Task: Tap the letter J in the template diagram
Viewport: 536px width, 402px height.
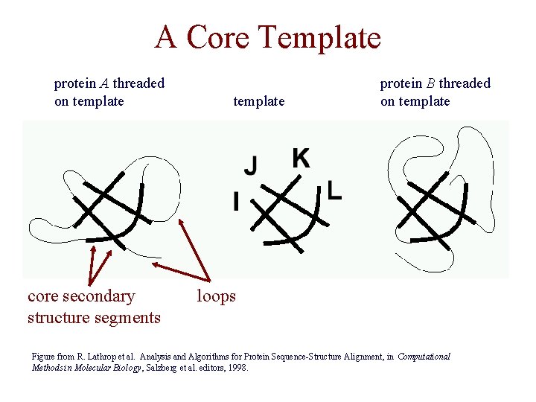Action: click(x=252, y=165)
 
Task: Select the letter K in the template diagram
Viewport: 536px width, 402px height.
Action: click(x=301, y=159)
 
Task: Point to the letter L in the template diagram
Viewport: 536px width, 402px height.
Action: click(x=334, y=192)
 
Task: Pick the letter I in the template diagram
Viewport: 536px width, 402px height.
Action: click(x=236, y=202)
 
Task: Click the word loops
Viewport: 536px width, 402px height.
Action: click(x=216, y=296)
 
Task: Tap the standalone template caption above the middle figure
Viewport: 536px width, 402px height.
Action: click(x=258, y=101)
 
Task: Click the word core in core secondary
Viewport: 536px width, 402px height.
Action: click(x=43, y=296)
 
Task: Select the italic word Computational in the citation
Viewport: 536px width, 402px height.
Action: click(x=424, y=357)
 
